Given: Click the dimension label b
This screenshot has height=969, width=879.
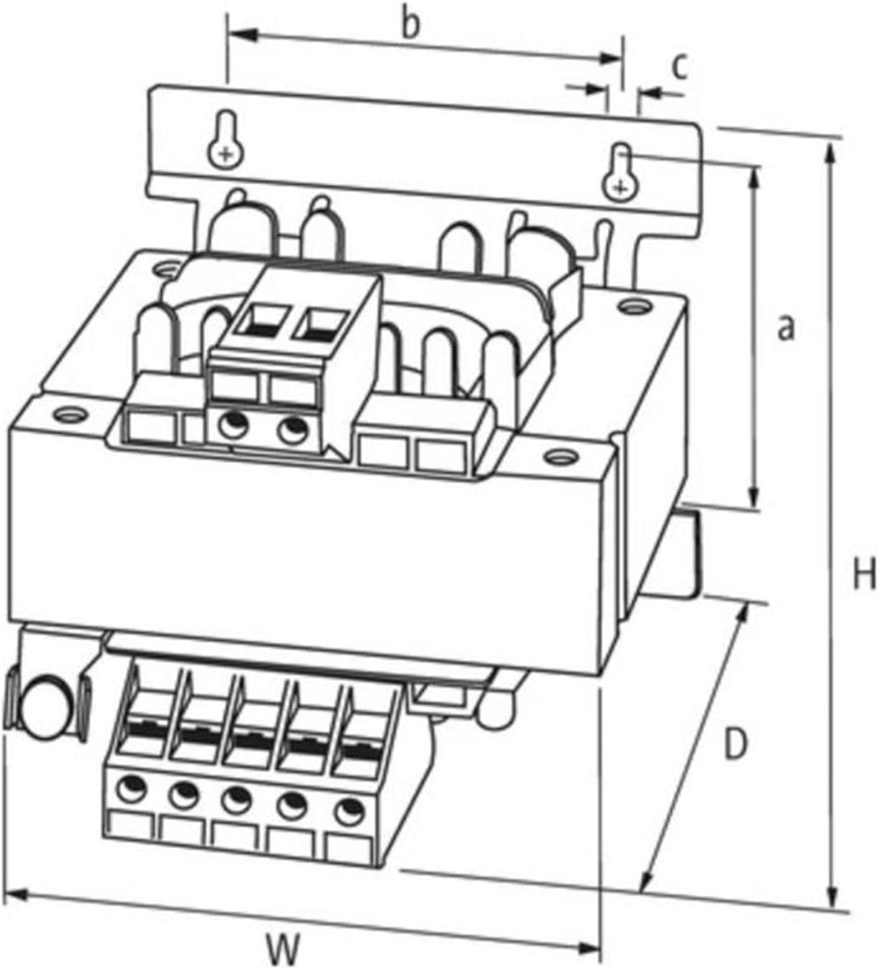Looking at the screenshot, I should point(409,24).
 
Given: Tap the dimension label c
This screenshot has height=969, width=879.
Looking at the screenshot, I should point(680,66).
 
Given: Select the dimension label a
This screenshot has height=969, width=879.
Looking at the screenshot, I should point(787,328).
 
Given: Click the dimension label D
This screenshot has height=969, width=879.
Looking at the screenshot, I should point(734,745).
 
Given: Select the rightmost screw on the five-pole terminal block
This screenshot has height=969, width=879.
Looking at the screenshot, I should point(347,811).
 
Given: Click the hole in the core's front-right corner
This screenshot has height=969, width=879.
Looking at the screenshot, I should point(558,455).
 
